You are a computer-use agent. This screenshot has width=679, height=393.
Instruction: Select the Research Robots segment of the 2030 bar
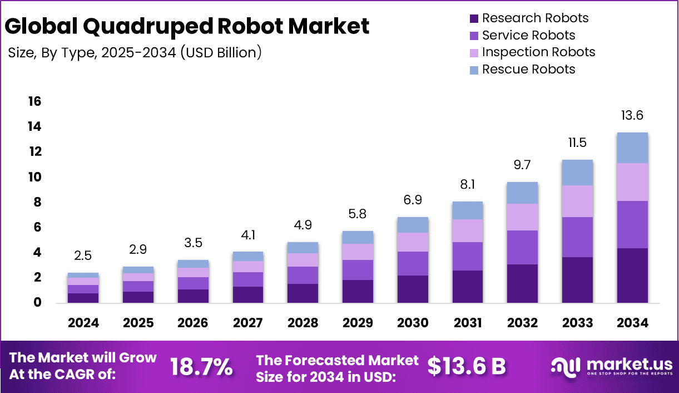413,289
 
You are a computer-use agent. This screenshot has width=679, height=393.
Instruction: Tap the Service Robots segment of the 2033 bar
577,237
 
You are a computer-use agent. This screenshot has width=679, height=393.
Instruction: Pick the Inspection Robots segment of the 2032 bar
522,217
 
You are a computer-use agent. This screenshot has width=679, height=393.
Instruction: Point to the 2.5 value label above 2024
83,256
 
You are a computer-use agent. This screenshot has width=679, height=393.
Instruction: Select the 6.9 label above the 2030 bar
413,199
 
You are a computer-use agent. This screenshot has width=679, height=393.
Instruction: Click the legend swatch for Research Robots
474,18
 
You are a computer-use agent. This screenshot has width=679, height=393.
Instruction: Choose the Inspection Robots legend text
538,52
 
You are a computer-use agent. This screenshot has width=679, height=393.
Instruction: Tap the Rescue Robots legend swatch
474,70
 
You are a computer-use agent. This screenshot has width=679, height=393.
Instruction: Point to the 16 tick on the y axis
34,101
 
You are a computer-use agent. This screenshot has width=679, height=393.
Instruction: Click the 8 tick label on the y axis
37,203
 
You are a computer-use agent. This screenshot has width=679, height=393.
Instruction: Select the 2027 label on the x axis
247,323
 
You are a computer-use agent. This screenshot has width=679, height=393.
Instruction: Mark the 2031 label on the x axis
468,323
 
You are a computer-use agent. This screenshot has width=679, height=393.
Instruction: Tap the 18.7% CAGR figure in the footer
201,367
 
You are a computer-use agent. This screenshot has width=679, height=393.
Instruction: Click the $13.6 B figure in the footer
467,366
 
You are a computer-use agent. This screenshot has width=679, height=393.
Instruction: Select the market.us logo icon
564,366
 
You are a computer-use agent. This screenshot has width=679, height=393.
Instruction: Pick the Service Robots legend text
528,35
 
